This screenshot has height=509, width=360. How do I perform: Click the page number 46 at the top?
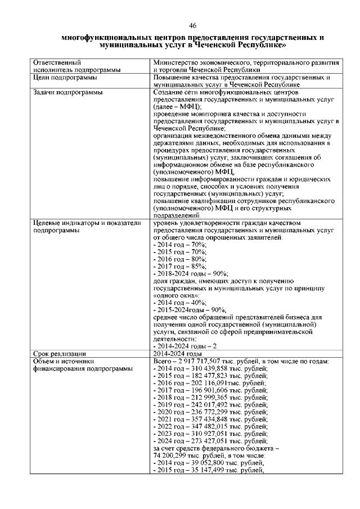192,25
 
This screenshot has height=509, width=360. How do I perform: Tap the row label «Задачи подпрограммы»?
68,92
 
